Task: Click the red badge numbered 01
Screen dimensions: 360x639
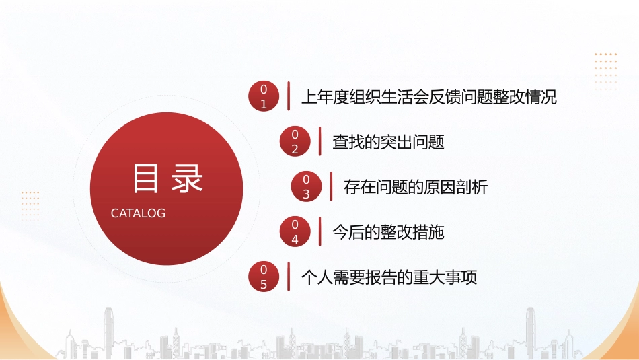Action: pyautogui.click(x=263, y=96)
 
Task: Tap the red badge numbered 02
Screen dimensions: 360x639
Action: pyautogui.click(x=294, y=142)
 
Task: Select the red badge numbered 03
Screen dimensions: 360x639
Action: pyautogui.click(x=306, y=186)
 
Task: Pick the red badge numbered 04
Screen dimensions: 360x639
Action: pyautogui.click(x=294, y=231)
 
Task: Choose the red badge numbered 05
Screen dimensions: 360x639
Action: pyautogui.click(x=263, y=277)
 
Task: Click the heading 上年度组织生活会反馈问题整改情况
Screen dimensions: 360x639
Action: pyautogui.click(x=429, y=97)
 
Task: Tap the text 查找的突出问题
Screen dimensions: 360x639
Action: pyautogui.click(x=388, y=142)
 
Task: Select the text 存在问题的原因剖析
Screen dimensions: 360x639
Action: pyautogui.click(x=415, y=187)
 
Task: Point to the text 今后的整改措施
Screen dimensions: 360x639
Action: pyautogui.click(x=388, y=232)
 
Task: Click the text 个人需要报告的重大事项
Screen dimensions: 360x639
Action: pyautogui.click(x=389, y=277)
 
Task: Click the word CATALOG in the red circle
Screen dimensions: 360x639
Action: pyautogui.click(x=138, y=213)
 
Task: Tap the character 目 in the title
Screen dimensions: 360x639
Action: pyautogui.click(x=145, y=179)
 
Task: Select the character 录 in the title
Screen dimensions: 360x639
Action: pyautogui.click(x=187, y=179)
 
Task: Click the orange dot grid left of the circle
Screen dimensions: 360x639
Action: pyautogui.click(x=30, y=205)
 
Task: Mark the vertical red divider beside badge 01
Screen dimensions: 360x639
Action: pyautogui.click(x=289, y=95)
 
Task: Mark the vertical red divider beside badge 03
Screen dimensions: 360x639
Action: pyautogui.click(x=332, y=186)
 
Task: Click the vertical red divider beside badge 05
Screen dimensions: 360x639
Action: pyautogui.click(x=289, y=276)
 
